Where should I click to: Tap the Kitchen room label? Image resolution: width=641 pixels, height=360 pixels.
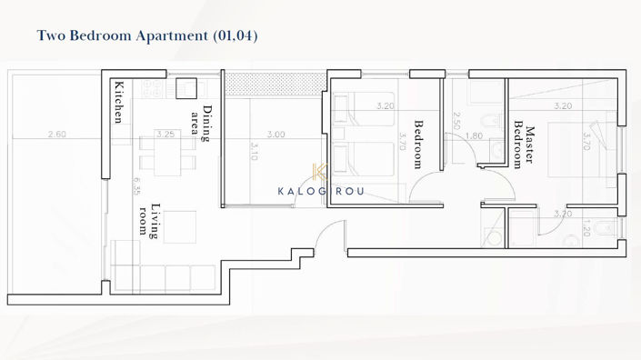118,103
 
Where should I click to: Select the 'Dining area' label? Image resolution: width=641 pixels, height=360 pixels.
201,125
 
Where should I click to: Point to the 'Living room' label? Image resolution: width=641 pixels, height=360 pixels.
150,219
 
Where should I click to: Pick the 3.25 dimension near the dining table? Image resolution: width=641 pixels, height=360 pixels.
165,135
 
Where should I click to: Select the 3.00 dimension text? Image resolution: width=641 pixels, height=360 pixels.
277,135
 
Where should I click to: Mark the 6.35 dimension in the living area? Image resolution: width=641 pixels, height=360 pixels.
136,185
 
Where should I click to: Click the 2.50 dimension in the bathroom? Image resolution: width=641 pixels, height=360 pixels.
456,121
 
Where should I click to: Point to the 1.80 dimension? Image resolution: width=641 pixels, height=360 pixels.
474,135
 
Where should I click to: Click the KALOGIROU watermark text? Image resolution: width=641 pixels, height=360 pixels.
319,191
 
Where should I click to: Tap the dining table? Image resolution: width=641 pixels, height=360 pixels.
167,155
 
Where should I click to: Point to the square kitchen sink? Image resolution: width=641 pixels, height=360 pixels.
186,88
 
